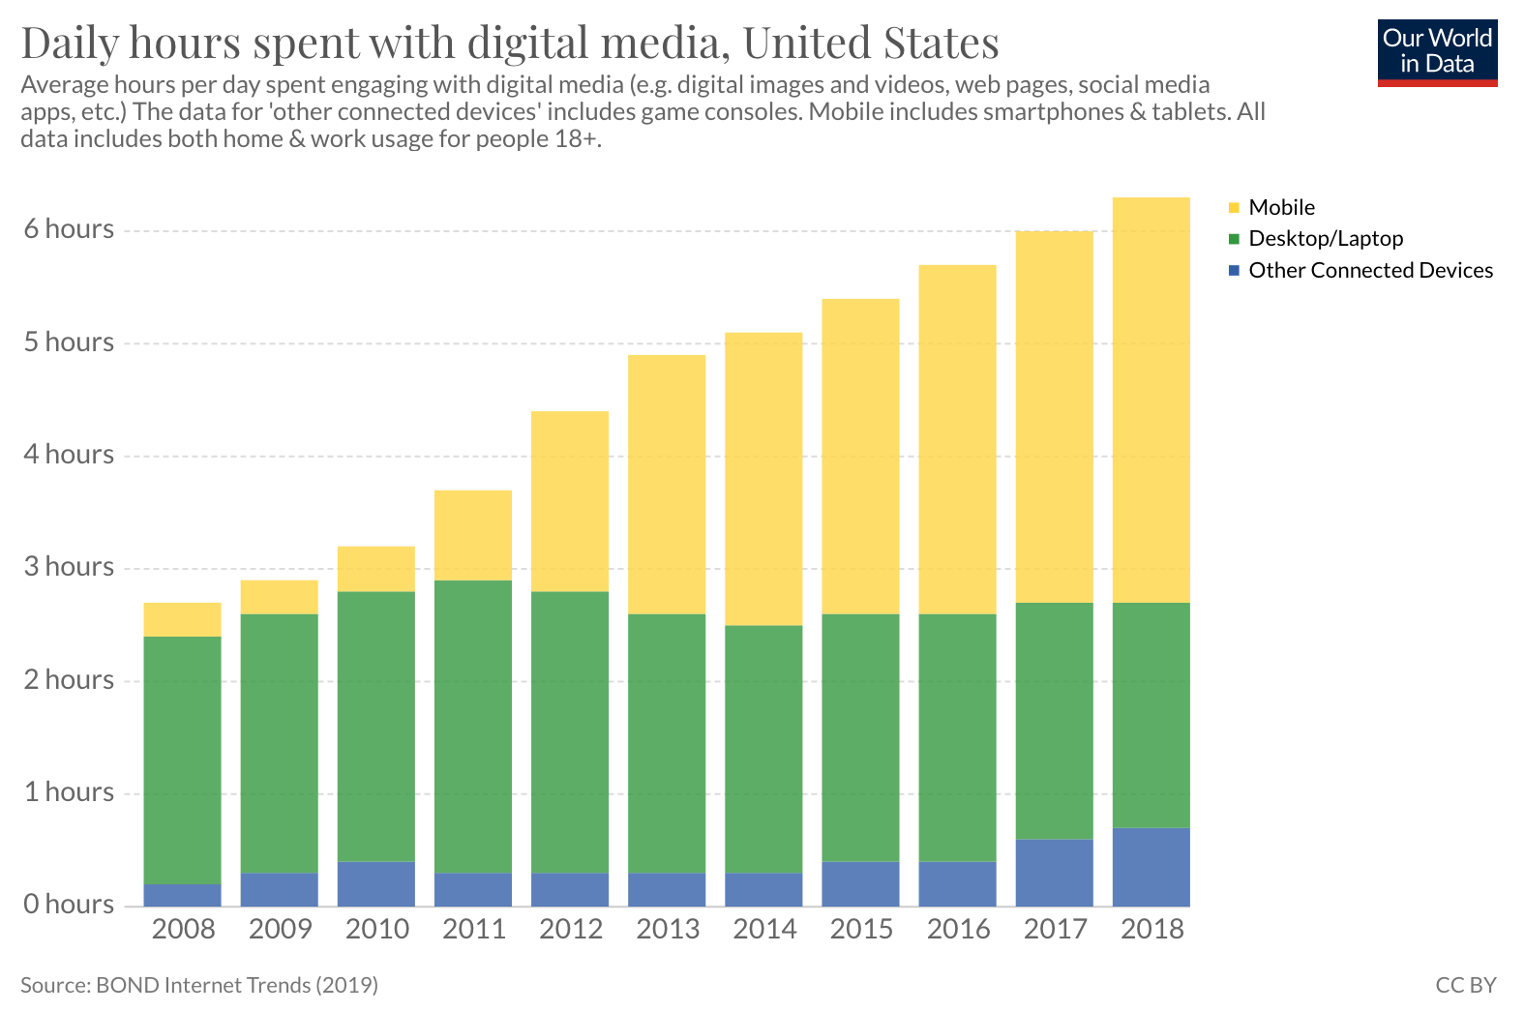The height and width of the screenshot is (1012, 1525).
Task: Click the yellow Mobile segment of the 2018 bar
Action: [x=1151, y=401]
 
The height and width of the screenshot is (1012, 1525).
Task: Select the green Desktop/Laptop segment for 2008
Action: [x=183, y=760]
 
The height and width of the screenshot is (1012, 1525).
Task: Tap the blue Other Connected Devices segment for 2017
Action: [x=1054, y=873]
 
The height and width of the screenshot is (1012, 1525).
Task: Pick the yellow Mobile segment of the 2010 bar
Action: [x=375, y=569]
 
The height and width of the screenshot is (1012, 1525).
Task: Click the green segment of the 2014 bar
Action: [x=763, y=749]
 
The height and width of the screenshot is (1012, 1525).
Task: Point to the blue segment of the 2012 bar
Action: [x=570, y=889]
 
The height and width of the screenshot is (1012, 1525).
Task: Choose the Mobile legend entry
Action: [x=1271, y=207]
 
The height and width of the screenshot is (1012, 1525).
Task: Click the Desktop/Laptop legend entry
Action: [x=1316, y=239]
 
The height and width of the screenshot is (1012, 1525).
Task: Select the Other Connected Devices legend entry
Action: [x=1361, y=270]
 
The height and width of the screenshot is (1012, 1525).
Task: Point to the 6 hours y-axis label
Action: [x=69, y=229]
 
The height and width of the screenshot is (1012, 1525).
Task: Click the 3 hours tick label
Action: [x=69, y=566]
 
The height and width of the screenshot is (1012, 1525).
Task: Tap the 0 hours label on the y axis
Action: [x=69, y=904]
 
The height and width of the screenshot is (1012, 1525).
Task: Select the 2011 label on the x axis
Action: [x=474, y=929]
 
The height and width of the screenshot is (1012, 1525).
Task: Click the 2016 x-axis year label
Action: [x=958, y=929]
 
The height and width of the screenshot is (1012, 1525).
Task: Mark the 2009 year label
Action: [x=280, y=929]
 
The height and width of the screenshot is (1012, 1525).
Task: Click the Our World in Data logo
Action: [x=1437, y=53]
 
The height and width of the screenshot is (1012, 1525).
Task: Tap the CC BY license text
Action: [x=1466, y=985]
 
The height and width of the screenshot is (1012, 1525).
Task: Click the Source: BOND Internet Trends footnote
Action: [x=198, y=985]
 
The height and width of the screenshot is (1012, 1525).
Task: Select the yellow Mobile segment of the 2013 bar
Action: [x=667, y=485]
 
